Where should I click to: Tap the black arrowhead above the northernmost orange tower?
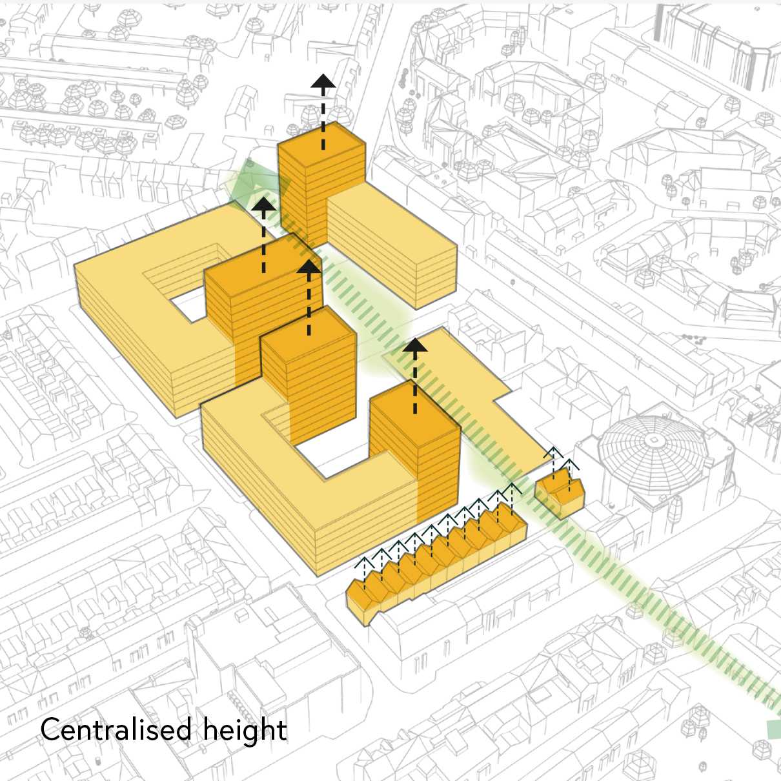[323, 81]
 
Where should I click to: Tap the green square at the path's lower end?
[773, 729]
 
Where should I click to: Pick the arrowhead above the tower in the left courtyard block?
[263, 205]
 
